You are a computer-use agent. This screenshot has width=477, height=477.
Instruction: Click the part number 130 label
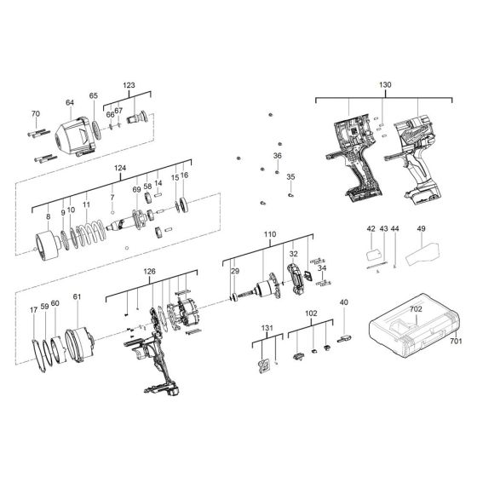tap(384, 85)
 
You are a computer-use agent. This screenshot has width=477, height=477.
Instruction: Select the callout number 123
tap(129, 85)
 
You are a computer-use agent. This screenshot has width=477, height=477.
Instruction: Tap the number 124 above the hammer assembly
tap(120, 169)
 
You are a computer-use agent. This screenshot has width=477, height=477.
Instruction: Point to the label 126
tap(149, 273)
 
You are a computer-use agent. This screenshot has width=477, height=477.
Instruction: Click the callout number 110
tap(270, 233)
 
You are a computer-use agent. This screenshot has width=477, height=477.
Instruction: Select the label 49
tap(421, 229)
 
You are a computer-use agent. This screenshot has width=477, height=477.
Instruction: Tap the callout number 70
tap(35, 114)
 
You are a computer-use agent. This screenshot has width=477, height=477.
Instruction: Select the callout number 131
tap(268, 328)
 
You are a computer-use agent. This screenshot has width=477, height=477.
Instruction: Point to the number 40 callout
tap(344, 302)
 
